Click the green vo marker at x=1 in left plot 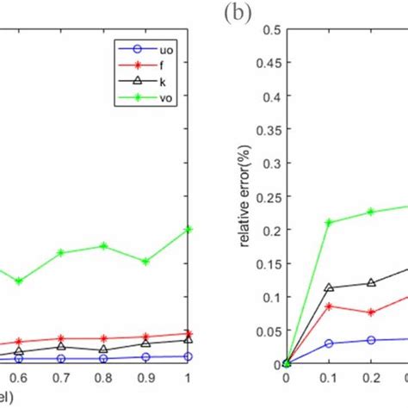[x=188, y=229]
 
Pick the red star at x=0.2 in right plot [x=371, y=312]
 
